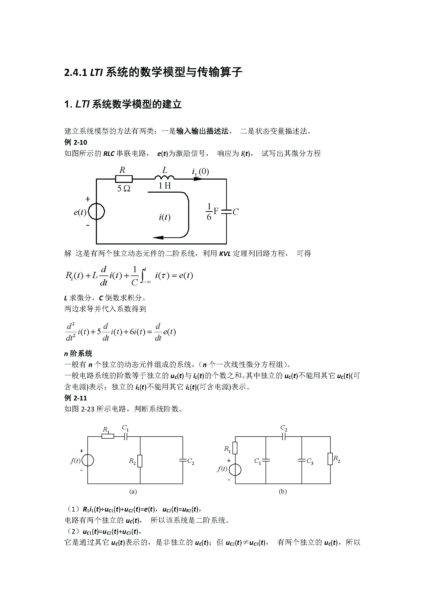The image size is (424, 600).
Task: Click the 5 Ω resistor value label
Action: click(x=124, y=189)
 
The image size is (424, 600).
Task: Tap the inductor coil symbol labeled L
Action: click(x=165, y=178)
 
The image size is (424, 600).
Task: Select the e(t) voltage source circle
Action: click(x=96, y=212)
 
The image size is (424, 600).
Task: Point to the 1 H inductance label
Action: click(x=165, y=186)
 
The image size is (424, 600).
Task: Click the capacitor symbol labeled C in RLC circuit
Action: click(x=226, y=212)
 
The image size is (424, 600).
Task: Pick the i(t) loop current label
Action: click(x=165, y=217)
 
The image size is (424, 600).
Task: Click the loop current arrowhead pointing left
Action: click(x=158, y=238)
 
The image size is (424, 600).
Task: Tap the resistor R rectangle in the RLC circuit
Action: click(x=124, y=179)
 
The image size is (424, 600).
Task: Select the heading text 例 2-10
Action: click(x=75, y=142)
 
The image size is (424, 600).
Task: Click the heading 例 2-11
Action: click(x=75, y=398)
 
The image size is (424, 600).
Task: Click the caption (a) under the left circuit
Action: click(x=133, y=491)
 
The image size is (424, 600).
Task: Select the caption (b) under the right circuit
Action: click(x=282, y=491)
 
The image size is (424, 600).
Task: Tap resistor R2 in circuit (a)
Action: click(x=140, y=461)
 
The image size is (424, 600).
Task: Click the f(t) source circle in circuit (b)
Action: click(x=235, y=470)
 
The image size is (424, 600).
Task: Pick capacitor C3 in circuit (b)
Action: click(x=301, y=460)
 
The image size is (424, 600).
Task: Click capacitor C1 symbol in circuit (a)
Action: click(x=125, y=436)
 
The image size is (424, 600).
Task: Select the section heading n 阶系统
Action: click(x=78, y=354)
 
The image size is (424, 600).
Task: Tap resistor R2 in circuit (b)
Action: click(x=330, y=459)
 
